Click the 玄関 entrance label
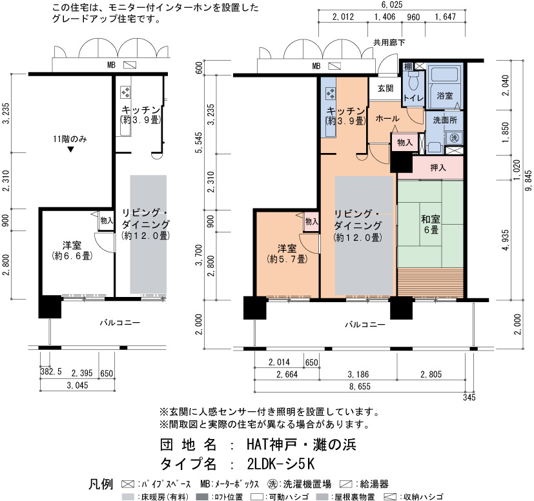385,88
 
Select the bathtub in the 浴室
444,74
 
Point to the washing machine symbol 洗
455,138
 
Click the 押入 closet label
438,168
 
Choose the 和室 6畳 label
431,224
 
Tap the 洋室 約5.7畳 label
287,254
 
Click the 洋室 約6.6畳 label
72,251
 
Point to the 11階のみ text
70,139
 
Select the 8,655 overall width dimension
360,387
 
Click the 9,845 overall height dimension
528,180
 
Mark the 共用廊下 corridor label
389,43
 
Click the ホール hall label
387,119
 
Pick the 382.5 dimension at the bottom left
51,371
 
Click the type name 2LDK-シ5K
281,464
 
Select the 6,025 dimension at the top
392,5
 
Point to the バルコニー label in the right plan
365,325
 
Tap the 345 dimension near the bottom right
469,397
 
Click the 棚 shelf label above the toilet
408,66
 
